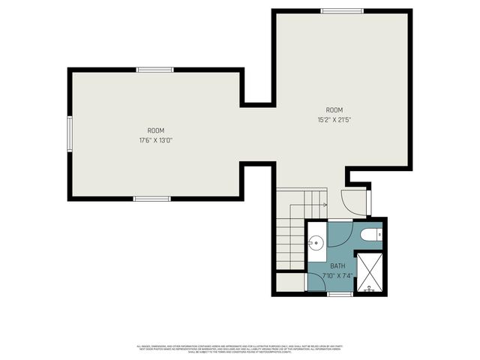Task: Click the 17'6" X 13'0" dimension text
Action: pyautogui.click(x=155, y=139)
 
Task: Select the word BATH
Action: pyautogui.click(x=337, y=265)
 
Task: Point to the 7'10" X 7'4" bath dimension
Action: pyautogui.click(x=337, y=275)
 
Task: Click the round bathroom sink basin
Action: pyautogui.click(x=316, y=242)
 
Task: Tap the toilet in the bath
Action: pyautogui.click(x=370, y=235)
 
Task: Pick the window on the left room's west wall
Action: pyautogui.click(x=69, y=133)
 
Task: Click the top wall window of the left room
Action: pyautogui.click(x=155, y=70)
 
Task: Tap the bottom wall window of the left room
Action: pyautogui.click(x=151, y=199)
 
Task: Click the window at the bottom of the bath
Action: pyautogui.click(x=340, y=294)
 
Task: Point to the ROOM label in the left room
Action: pyautogui.click(x=155, y=130)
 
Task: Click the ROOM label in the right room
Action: pyautogui.click(x=334, y=109)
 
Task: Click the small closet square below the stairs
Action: pyautogui.click(x=290, y=283)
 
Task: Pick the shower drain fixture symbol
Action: pyautogui.click(x=368, y=287)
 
